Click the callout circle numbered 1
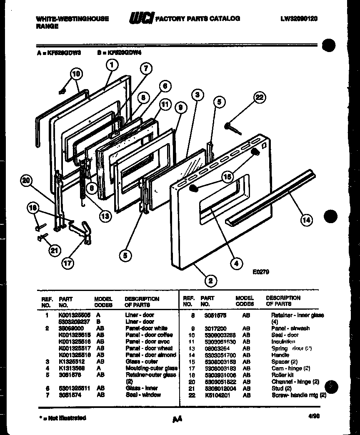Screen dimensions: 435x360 pyautogui.click(x=112, y=65)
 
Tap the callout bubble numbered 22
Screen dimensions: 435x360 pyautogui.click(x=259, y=98)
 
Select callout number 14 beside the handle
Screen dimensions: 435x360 pyautogui.click(x=306, y=221)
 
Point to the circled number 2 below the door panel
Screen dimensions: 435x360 pyautogui.click(x=211, y=281)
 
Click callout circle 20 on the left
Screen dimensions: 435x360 pyautogui.click(x=26, y=181)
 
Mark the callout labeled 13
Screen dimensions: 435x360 pyautogui.click(x=105, y=216)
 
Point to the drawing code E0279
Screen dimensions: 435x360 pyautogui.click(x=261, y=273)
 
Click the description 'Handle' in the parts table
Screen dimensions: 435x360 pyautogui.click(x=280, y=355)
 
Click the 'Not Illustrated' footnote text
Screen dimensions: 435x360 pyautogui.click(x=62, y=418)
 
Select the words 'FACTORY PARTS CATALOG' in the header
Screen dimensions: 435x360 pyautogui.click(x=197, y=18)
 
